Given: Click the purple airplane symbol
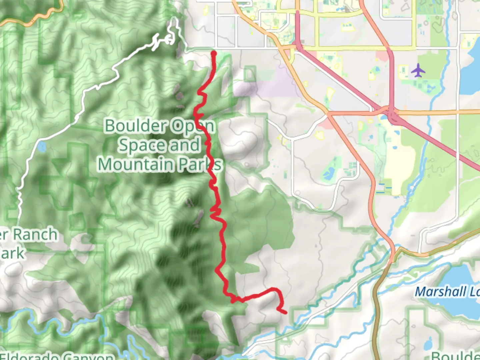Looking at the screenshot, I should coord(418,70).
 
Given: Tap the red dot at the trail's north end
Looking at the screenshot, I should coord(214,53).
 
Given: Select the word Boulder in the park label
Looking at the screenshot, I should coord(136,126).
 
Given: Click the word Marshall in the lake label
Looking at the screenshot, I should coord(440,292).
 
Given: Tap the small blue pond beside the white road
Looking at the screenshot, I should coord(42,147).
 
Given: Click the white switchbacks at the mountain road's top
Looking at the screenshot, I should coord(168,37).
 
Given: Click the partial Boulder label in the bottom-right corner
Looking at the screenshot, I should coord(455,355).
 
